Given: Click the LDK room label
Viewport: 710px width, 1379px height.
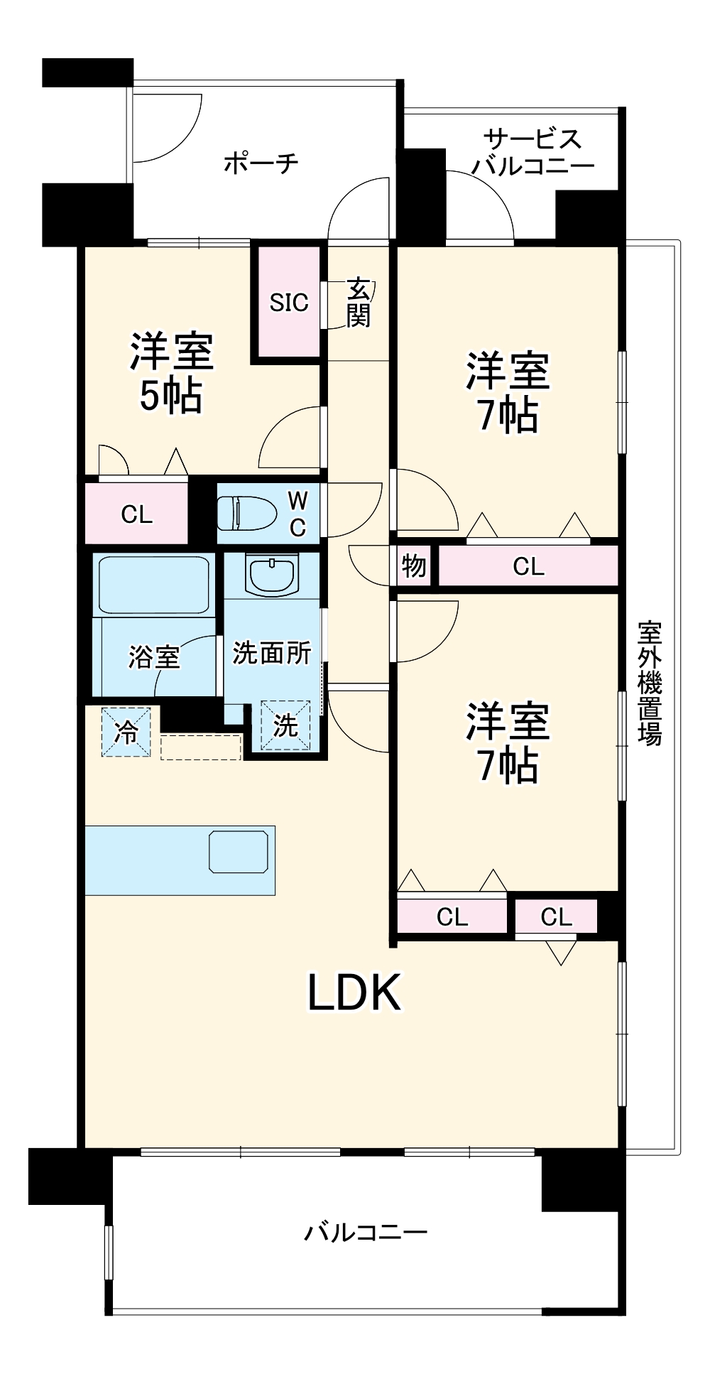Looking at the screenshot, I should (x=353, y=993).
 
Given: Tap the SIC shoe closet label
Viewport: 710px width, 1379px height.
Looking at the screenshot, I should (x=289, y=303).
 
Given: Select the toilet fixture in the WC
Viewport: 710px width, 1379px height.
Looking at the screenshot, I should (x=246, y=513).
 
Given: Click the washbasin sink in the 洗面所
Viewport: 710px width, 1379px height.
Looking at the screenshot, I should (x=271, y=573).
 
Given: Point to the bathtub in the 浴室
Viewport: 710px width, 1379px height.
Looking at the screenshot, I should (x=154, y=585).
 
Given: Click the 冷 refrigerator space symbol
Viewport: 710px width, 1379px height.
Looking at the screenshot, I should (x=126, y=732).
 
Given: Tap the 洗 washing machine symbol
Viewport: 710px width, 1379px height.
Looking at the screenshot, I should (x=285, y=725).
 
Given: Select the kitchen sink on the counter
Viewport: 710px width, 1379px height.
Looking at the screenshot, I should (x=239, y=851).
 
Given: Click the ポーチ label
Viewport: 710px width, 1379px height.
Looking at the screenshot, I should (x=261, y=163).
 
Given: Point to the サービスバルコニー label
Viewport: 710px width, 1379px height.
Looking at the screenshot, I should (x=533, y=151).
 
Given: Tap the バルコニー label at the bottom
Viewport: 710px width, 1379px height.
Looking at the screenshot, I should (x=366, y=1231).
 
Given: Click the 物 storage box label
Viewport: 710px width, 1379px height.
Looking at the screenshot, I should (x=414, y=566).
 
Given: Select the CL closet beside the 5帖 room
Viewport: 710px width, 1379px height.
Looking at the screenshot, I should (x=136, y=514).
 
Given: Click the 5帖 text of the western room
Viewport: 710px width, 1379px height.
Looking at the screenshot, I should (x=170, y=396).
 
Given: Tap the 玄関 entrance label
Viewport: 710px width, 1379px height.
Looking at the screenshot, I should (x=359, y=303).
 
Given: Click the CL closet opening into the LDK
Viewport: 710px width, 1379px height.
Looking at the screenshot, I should (x=556, y=916).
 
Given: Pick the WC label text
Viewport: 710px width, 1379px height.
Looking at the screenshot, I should (x=297, y=514).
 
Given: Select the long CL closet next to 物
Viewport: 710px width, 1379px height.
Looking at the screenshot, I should (x=528, y=566).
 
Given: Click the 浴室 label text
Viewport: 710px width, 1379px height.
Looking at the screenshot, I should (x=153, y=657).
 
